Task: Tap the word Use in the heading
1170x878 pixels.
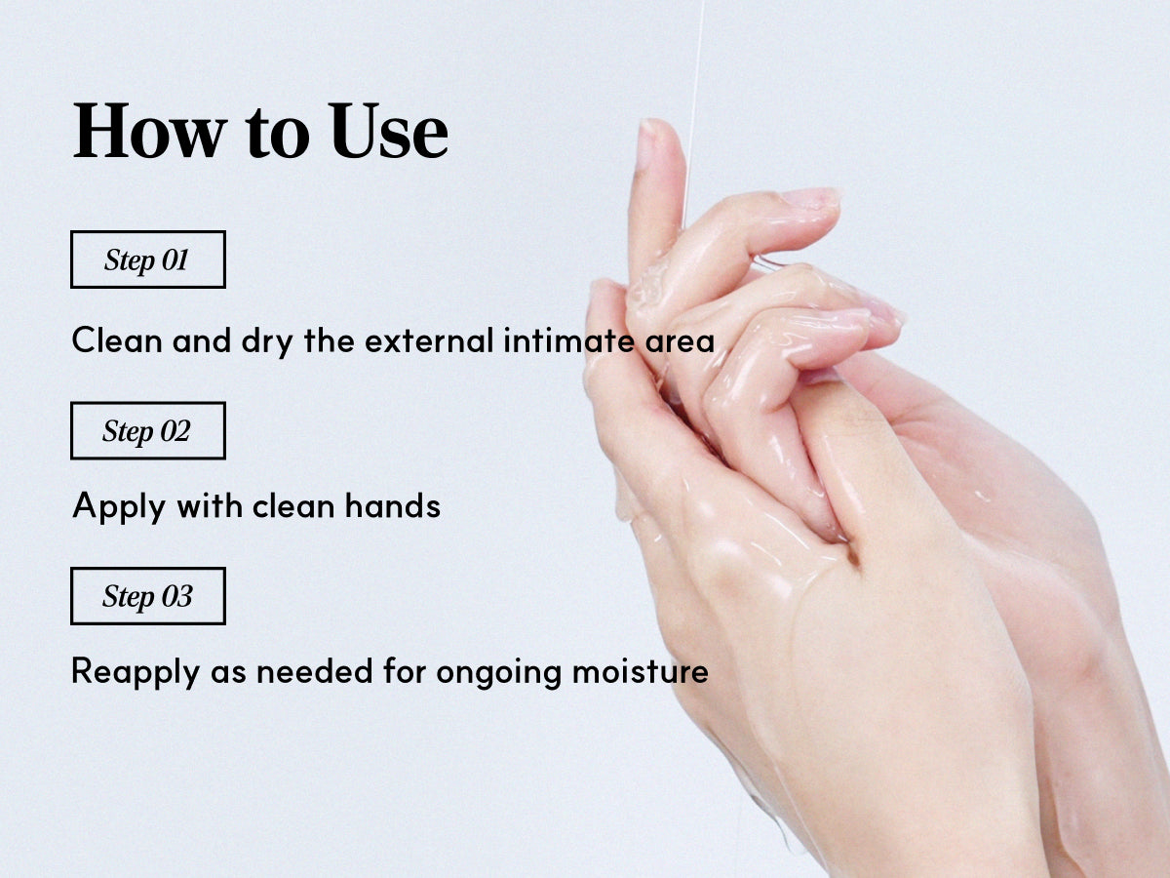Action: point(388,131)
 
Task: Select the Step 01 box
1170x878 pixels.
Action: point(148,259)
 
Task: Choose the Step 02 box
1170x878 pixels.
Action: point(148,431)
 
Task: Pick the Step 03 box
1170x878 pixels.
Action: point(148,596)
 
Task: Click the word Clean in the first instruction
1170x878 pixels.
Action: point(117,340)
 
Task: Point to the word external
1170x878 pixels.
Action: point(429,340)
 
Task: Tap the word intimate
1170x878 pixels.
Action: point(568,340)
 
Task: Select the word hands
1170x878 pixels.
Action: point(393,505)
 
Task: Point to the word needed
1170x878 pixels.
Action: point(315,670)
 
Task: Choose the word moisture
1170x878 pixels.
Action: point(641,670)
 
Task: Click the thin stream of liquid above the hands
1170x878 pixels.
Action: point(694,106)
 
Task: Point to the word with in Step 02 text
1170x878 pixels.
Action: point(210,505)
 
